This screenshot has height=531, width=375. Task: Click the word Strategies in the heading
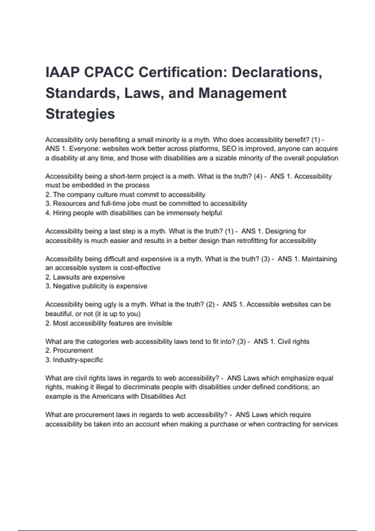pyautogui.click(x=80, y=114)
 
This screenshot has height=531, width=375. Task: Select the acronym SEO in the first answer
pyautogui.click(x=229, y=149)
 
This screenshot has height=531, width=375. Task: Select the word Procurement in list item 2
pyautogui.click(x=73, y=350)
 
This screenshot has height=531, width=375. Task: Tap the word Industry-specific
pyautogui.click(x=78, y=360)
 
